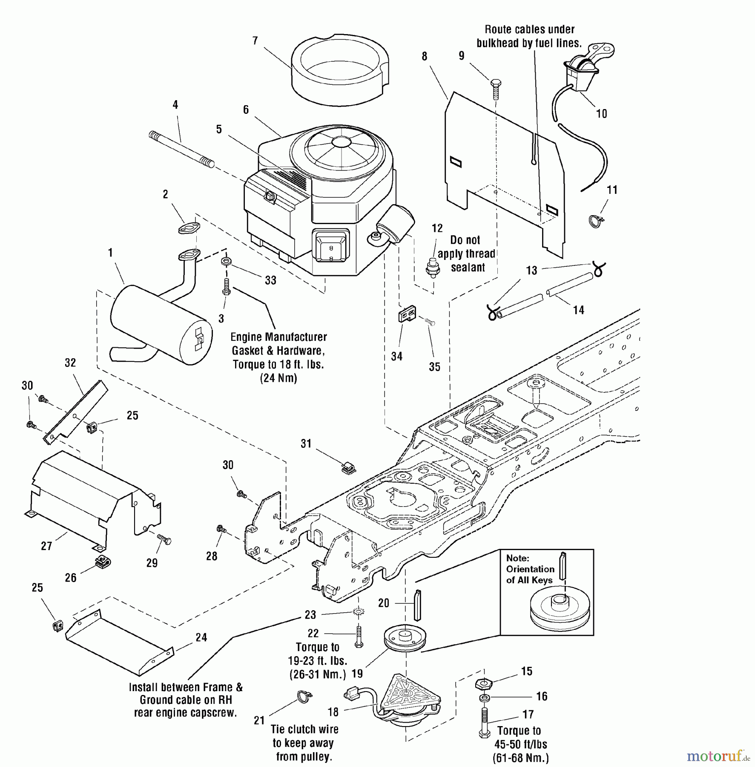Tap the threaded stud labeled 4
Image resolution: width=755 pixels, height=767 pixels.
click(181, 149)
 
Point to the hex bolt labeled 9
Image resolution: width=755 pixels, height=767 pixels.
click(496, 89)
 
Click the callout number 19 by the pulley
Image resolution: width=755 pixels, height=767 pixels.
click(357, 674)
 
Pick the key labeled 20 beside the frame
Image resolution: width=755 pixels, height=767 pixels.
click(417, 605)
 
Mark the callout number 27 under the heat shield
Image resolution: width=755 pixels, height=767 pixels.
click(46, 546)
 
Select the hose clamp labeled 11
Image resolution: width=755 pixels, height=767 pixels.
click(595, 220)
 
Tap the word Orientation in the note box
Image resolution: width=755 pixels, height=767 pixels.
click(530, 569)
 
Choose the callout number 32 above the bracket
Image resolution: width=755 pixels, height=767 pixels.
click(70, 363)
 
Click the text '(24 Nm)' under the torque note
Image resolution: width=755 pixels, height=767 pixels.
click(278, 378)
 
